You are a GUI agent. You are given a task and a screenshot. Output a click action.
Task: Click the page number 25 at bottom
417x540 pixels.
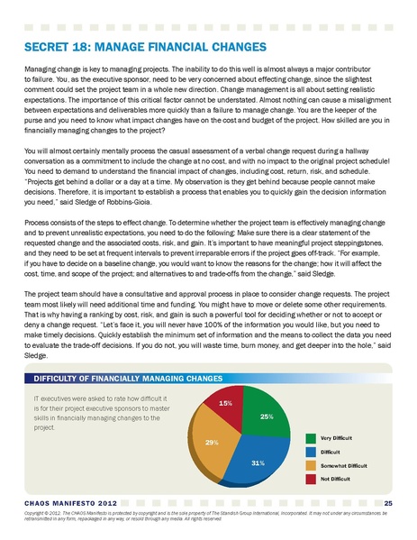tap(388, 501)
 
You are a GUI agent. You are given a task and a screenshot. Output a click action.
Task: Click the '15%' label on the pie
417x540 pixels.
tap(227, 402)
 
